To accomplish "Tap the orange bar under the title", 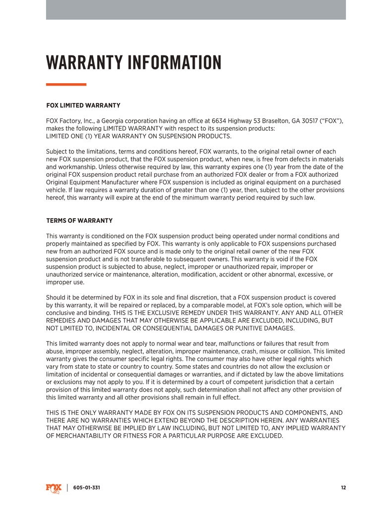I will coord(66,85).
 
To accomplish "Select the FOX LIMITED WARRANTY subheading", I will coord(83,105).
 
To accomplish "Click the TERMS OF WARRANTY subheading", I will coord(79,220).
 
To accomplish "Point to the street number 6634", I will coord(220,121).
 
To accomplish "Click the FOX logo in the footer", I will coord(54,488).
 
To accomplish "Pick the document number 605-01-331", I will coord(87,488).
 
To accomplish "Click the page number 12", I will coord(343,488).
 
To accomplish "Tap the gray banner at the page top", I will coord(196,10).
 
